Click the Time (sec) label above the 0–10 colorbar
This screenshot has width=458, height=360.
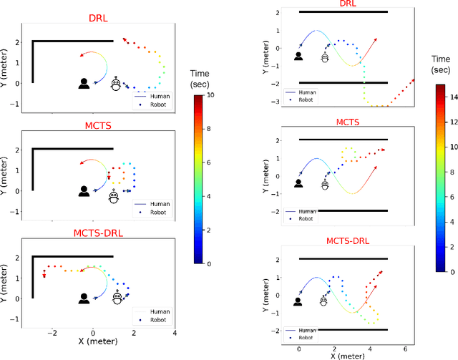(200, 79)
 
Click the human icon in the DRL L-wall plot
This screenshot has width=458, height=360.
(84, 84)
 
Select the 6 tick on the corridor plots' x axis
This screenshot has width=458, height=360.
(404, 349)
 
